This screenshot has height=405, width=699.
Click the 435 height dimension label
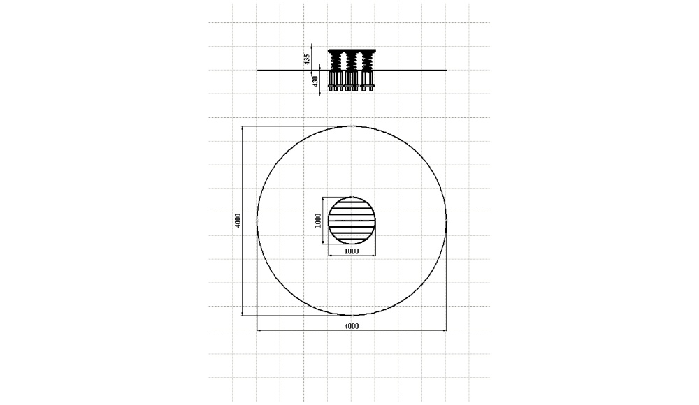coord(307,60)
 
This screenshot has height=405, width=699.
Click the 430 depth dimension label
coord(315,82)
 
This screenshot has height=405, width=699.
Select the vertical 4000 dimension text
coord(238,221)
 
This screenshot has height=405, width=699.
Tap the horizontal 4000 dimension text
coord(352,326)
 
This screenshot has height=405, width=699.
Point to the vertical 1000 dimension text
coord(318,221)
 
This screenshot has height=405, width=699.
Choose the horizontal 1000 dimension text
coord(352,251)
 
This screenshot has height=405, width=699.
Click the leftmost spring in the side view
coord(336,61)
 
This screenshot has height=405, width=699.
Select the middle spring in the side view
coord(352,61)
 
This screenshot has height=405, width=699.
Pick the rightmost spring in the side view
coord(368,61)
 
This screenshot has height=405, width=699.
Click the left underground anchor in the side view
coord(336,80)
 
